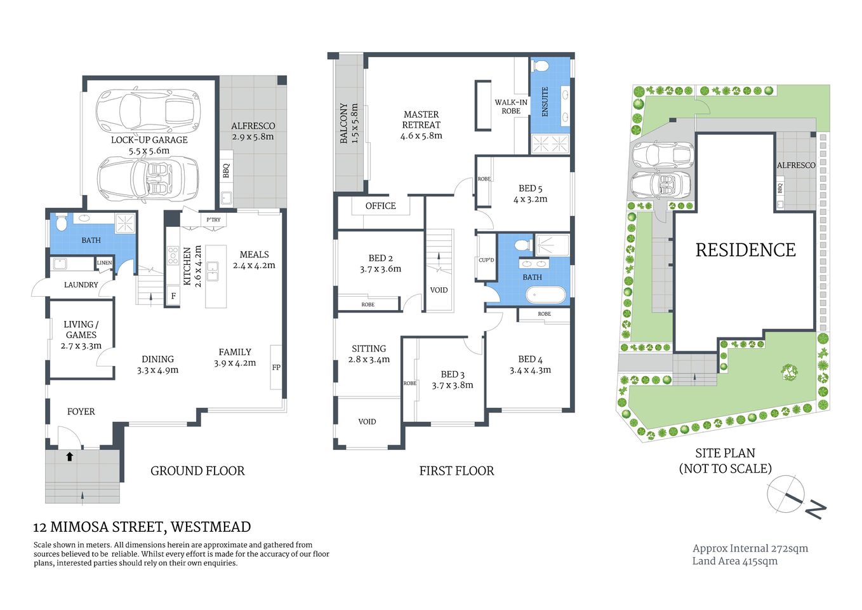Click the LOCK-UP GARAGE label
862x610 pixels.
coord(149,140)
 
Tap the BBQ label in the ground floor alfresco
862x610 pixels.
coord(226,171)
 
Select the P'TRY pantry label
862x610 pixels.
coord(213,220)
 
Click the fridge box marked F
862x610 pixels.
coord(173,296)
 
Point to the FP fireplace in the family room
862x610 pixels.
coord(276,367)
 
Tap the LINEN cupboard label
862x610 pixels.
coord(104,262)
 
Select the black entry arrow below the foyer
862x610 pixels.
coord(70,456)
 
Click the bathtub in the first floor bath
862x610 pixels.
coord(545,295)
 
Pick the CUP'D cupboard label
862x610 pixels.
coord(486,260)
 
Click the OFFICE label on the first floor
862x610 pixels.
coord(380,206)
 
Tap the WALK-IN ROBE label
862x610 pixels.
coord(511,106)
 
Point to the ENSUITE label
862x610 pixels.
coord(545,102)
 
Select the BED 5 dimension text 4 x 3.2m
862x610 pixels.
coord(530,199)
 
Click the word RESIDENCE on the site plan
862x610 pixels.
coord(745,250)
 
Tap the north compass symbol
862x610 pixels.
coord(787,494)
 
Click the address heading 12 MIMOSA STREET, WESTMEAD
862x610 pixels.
coord(142,527)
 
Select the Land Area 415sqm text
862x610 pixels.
coord(734,561)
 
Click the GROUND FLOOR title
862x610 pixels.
coord(197,471)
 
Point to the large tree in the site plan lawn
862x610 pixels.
coord(789,372)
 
